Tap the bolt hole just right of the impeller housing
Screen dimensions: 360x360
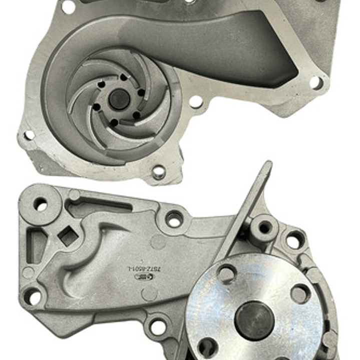(x=196, y=102)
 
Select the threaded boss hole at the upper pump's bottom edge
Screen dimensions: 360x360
(x=158, y=172)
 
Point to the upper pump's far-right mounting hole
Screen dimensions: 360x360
(x=316, y=82)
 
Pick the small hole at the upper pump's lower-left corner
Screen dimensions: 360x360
(x=29, y=135)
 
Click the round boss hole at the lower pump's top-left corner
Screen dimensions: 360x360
(x=41, y=204)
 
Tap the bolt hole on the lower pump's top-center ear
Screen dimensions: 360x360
(x=175, y=219)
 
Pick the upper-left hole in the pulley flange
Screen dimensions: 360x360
(x=226, y=273)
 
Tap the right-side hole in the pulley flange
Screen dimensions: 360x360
(x=300, y=293)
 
